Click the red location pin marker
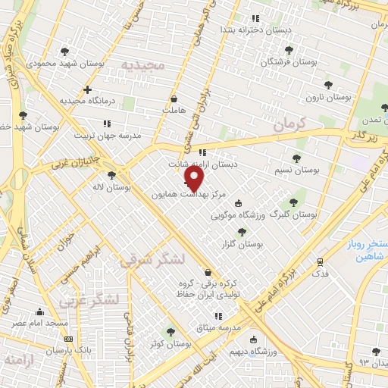pyautogui.click(x=195, y=178)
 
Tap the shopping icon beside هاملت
pyautogui.click(x=174, y=99)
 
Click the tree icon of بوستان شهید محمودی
pyautogui.click(x=64, y=52)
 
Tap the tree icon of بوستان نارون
pyautogui.click(x=328, y=85)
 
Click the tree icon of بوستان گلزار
pyautogui.click(x=242, y=232)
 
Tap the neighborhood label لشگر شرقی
pyautogui.click(x=152, y=260)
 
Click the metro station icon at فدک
pyautogui.click(x=320, y=262)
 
